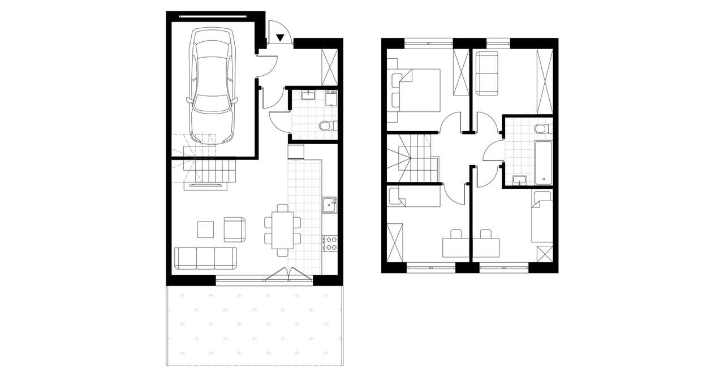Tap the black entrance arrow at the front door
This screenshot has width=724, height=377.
coord(281,38)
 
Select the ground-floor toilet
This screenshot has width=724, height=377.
coord(327,125)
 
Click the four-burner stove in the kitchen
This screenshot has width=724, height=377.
coord(330,244)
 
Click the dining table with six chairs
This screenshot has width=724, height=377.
coord(282,229)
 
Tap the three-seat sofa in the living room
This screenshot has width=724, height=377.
coord(205,257)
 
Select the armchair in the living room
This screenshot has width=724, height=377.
coord(235,228)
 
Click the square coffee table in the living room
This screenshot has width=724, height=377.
coord(205,229)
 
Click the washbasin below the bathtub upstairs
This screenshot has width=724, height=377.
coord(519,180)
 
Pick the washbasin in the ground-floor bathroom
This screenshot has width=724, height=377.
coord(309,95)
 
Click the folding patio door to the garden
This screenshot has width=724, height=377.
coord(288,274)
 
